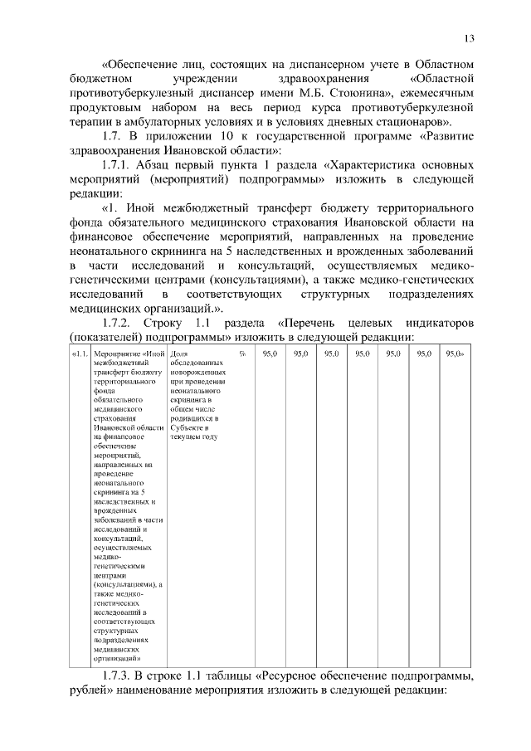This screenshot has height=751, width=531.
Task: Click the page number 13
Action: (x=469, y=38)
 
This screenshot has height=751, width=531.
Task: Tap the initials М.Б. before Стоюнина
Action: (x=310, y=92)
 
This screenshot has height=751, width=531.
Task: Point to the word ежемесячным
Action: (x=435, y=92)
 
